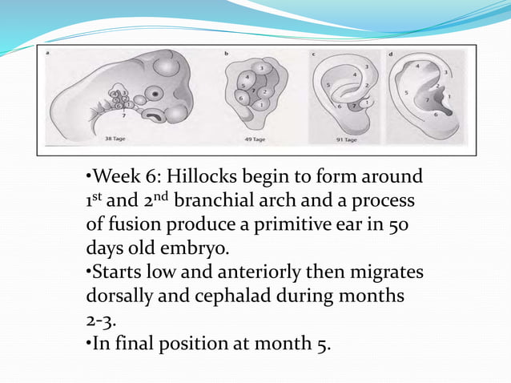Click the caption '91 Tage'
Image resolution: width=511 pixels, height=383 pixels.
click(344, 139)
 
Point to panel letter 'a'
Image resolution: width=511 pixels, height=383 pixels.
click(47, 54)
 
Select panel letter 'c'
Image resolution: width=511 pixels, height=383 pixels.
click(312, 54)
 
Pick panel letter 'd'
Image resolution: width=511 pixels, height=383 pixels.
click(389, 54)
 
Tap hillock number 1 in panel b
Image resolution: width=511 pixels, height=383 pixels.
click(261, 105)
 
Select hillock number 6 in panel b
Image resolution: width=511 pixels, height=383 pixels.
click(239, 97)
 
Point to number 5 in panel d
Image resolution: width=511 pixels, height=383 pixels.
click(408, 93)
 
